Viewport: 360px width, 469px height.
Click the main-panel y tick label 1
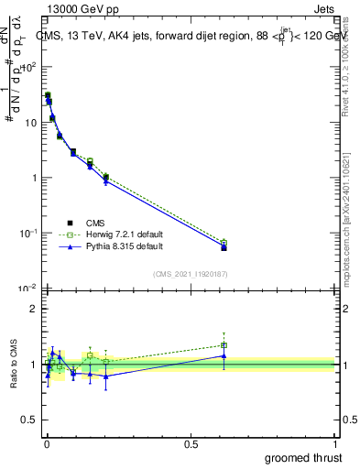coord(34,178)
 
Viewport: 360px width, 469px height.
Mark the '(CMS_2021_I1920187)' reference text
coord(190,272)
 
